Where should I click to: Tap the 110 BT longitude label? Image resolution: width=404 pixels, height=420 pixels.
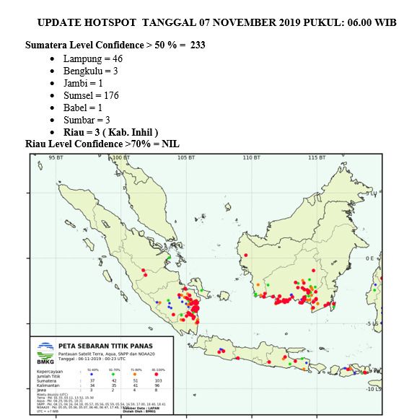click(x=251, y=157)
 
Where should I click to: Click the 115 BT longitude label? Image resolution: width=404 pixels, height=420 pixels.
click(x=316, y=157)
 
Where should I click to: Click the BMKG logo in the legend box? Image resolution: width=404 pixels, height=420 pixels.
click(x=45, y=353)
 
